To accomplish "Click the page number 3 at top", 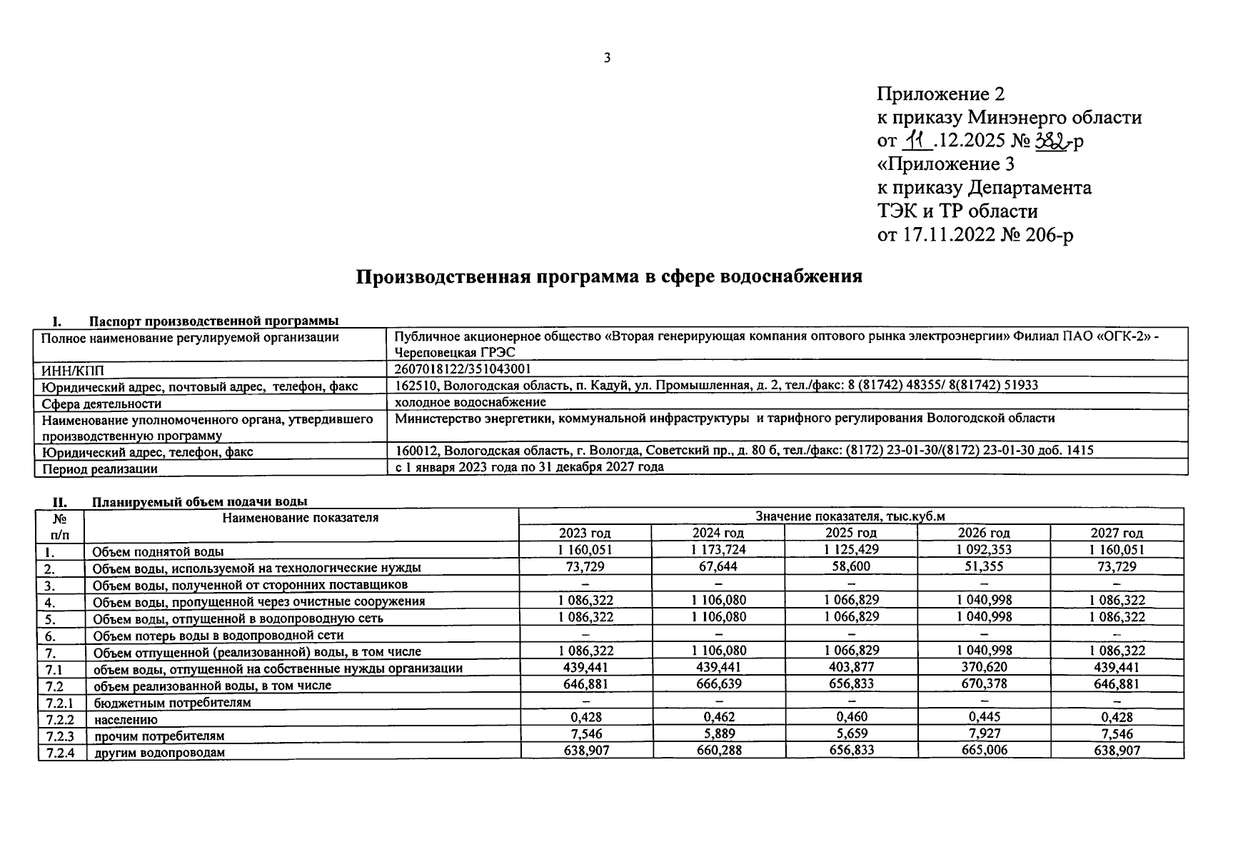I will (608, 59).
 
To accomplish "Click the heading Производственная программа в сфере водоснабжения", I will (609, 276).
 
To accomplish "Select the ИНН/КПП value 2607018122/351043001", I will (463, 369).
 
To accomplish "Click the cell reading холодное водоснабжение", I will (470, 402).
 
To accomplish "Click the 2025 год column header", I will (850, 533).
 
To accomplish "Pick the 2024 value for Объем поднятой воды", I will (718, 550).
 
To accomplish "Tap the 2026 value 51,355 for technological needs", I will (984, 566).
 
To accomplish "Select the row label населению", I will (125, 719).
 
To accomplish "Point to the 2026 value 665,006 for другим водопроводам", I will (984, 750).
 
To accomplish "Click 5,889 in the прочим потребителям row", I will (718, 733).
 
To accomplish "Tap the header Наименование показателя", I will (300, 517).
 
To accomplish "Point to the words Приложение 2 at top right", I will (940, 94).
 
